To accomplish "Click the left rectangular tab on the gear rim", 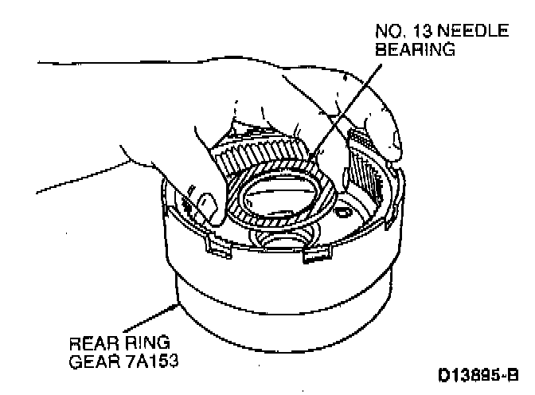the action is coord(215,246).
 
